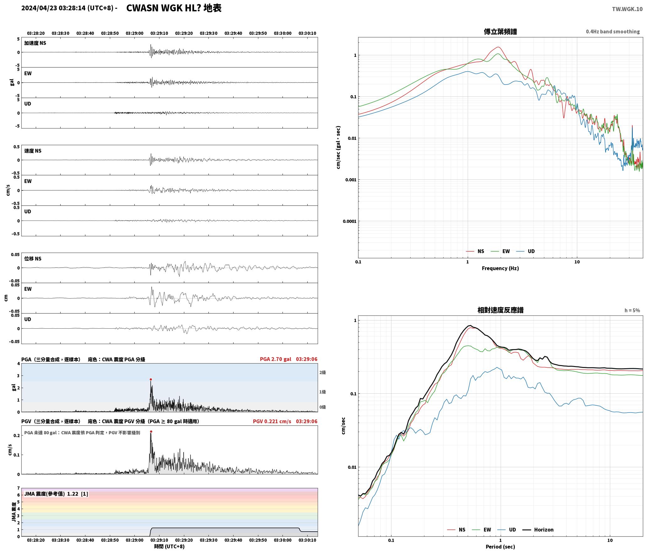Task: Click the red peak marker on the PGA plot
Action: pyautogui.click(x=151, y=379)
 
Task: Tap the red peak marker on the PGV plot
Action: pyautogui.click(x=151, y=432)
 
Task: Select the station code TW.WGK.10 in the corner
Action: pyautogui.click(x=627, y=9)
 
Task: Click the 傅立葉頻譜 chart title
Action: pyautogui.click(x=500, y=31)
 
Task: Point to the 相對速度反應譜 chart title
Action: pyautogui.click(x=500, y=310)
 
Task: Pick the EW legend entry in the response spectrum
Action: pyautogui.click(x=482, y=529)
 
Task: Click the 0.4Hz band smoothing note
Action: pyautogui.click(x=613, y=31)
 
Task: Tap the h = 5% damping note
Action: pyautogui.click(x=632, y=310)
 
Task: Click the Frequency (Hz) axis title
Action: pyautogui.click(x=500, y=268)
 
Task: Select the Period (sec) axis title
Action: pyautogui.click(x=500, y=546)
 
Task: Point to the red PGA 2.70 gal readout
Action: pyautogui.click(x=275, y=359)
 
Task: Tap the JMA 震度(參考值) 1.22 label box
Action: pyautogui.click(x=56, y=494)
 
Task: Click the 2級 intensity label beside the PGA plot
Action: pyautogui.click(x=323, y=372)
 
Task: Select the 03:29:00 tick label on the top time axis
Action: pyautogui.click(x=134, y=33)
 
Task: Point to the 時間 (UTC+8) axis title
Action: pyautogui.click(x=169, y=546)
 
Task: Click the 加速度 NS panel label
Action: pyautogui.click(x=35, y=43)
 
